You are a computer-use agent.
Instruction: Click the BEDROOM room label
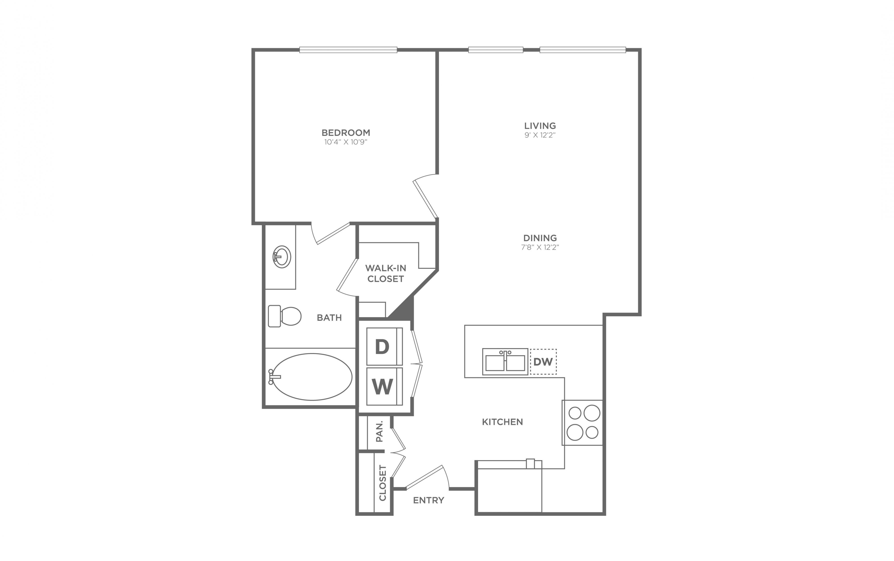346,132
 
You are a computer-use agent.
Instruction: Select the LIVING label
540,126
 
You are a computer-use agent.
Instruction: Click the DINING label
540,238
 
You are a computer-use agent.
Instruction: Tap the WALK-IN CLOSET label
386,273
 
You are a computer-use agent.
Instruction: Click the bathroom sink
282,257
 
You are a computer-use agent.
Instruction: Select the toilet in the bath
285,316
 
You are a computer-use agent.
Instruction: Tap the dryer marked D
384,347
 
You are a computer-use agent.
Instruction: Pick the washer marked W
384,386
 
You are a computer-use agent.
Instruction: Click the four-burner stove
582,423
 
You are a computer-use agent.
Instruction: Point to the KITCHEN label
502,422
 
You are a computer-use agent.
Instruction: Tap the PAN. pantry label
379,431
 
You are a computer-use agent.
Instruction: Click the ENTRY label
429,500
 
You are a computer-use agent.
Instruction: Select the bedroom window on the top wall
348,50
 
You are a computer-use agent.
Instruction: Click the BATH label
329,318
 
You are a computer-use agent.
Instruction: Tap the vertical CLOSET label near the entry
383,483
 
